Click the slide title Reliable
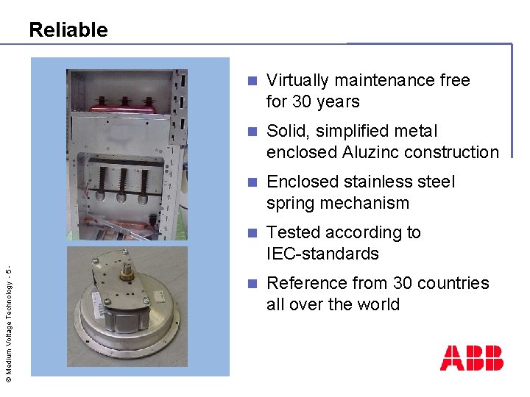[x=68, y=30]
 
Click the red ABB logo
[x=471, y=357]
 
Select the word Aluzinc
[x=373, y=152]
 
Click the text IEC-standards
[x=322, y=254]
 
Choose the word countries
[x=453, y=283]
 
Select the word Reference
[x=305, y=283]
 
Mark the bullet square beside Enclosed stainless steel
[x=252, y=182]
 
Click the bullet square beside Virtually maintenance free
[x=252, y=80]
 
